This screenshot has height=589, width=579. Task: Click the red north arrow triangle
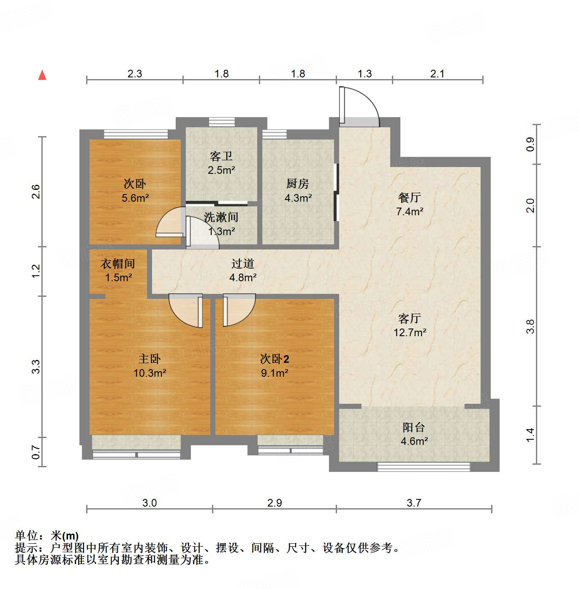point(42,75)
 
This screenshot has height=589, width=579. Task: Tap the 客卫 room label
point(221,156)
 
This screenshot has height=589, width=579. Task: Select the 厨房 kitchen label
point(298,184)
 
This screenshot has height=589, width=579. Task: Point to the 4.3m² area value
point(298,198)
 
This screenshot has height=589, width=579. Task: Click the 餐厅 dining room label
point(409,197)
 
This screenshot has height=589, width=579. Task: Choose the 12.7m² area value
point(410,332)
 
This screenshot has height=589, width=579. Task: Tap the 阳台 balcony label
point(413,427)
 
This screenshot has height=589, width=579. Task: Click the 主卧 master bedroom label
point(150,359)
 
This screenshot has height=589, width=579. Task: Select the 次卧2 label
point(275,359)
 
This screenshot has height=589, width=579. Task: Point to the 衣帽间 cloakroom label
point(118,264)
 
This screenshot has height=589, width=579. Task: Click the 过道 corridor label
point(243,264)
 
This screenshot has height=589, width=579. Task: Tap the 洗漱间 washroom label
point(221,217)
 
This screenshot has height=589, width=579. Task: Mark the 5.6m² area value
point(135,198)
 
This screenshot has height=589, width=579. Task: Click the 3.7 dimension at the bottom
point(414,503)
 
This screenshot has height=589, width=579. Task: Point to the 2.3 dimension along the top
point(135,74)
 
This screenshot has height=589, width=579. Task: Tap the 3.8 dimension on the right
point(530,326)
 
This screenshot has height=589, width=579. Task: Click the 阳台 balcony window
point(424,467)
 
